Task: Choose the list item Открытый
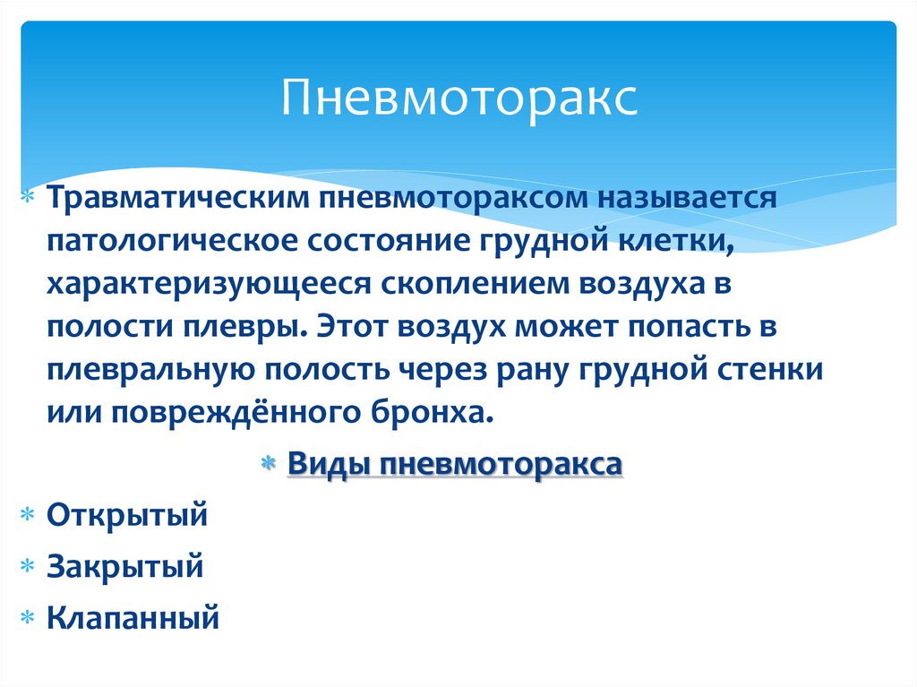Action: click(127, 515)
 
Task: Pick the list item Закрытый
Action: click(125, 566)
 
